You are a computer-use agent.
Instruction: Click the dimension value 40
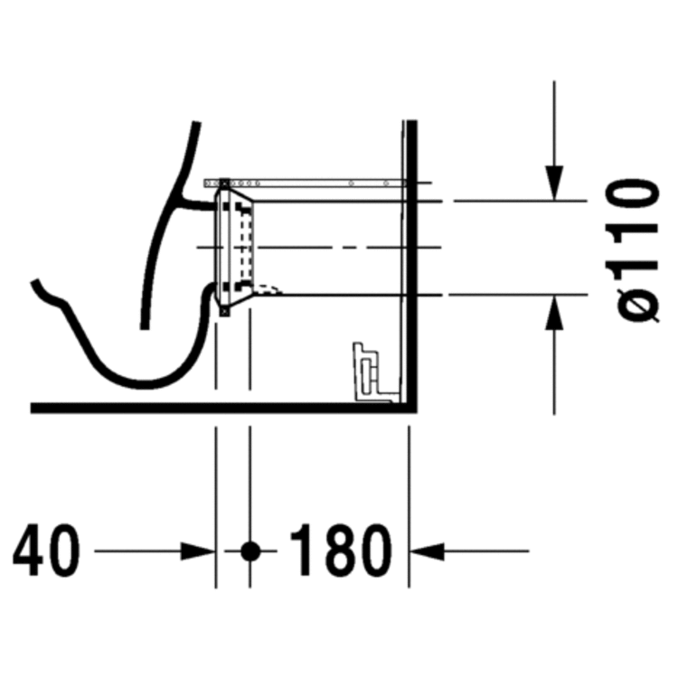coord(46,550)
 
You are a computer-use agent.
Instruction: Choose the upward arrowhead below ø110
coord(553,313)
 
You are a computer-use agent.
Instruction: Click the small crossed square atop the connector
coord(223,184)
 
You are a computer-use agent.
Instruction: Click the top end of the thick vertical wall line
coord(411,123)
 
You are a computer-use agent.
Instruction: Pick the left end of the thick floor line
coord(33,408)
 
